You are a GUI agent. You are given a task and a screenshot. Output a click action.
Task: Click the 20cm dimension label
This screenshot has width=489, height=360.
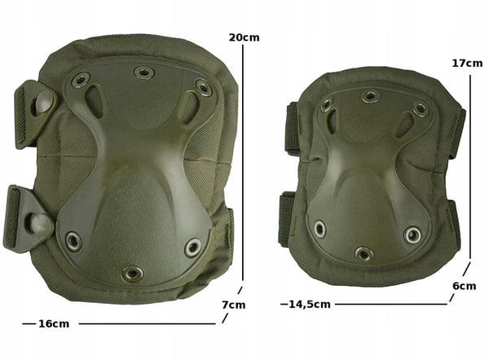pos(244,37)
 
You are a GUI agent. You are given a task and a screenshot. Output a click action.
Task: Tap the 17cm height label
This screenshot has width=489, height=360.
pos(467,64)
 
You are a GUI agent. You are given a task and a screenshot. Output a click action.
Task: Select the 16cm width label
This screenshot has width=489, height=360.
pos(54,324)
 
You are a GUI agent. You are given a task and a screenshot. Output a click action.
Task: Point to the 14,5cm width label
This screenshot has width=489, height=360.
pos(310,304)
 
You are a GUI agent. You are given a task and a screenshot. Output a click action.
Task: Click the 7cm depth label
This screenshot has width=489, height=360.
pos(234,305)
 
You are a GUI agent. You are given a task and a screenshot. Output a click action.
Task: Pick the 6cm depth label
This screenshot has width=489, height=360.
pos(465,286)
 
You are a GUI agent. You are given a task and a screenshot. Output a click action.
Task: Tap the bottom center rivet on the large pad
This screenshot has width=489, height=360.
pos(133,274)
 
